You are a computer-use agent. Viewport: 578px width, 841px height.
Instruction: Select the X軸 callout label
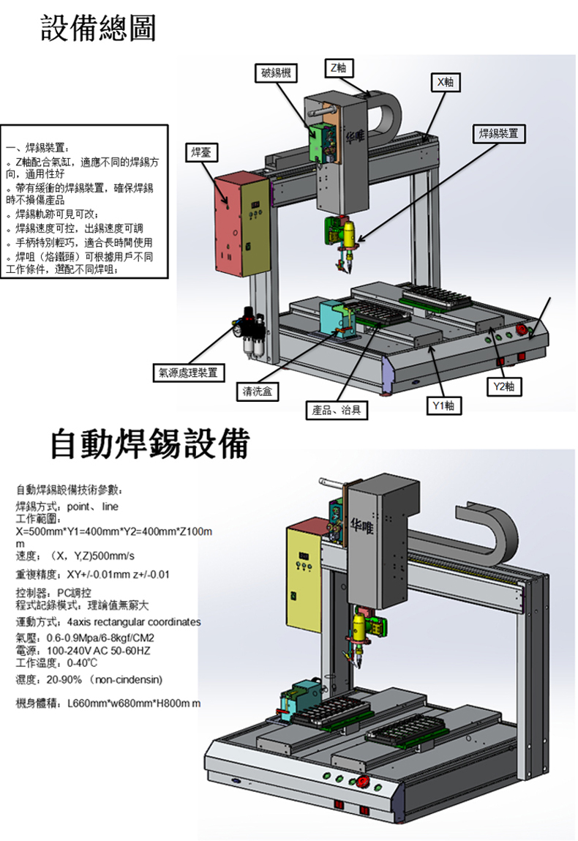pyautogui.click(x=445, y=82)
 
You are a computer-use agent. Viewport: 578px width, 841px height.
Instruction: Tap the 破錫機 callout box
pyautogui.click(x=276, y=73)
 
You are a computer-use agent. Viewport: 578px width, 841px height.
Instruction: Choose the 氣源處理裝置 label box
pyautogui.click(x=188, y=372)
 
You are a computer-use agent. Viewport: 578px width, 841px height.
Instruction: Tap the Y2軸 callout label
pyautogui.click(x=504, y=386)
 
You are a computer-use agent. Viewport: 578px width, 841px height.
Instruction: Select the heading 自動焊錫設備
pyautogui.click(x=150, y=444)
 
